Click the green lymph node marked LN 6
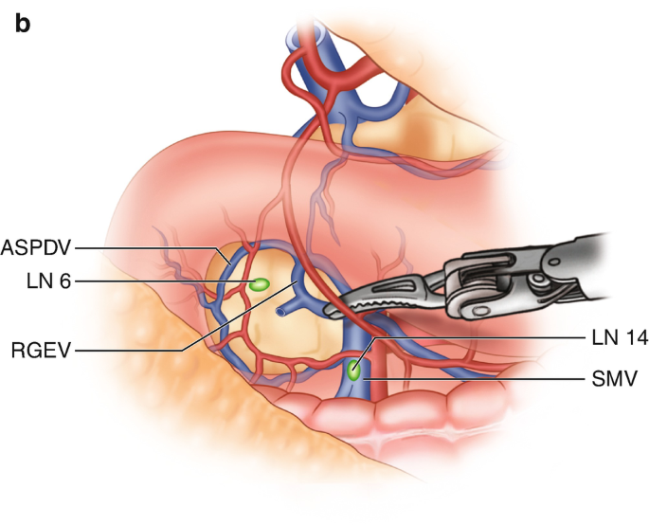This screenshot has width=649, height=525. [257, 283]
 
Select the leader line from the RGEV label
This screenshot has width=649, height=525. [142, 351]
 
